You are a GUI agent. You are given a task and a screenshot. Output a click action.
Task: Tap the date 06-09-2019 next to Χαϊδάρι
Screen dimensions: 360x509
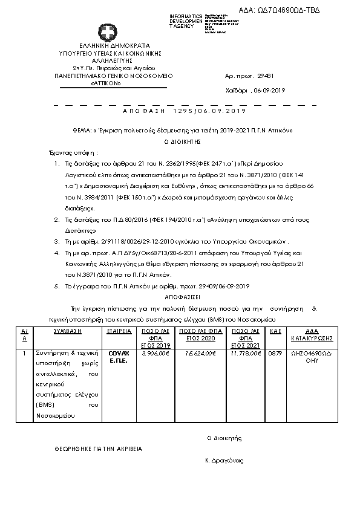point(268,90)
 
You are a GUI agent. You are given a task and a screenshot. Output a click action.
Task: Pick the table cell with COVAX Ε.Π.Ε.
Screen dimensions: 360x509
point(119,356)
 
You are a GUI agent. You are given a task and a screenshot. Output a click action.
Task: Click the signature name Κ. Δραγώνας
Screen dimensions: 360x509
point(224,461)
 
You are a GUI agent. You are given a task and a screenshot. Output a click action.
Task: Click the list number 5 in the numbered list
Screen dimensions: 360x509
point(56,286)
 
